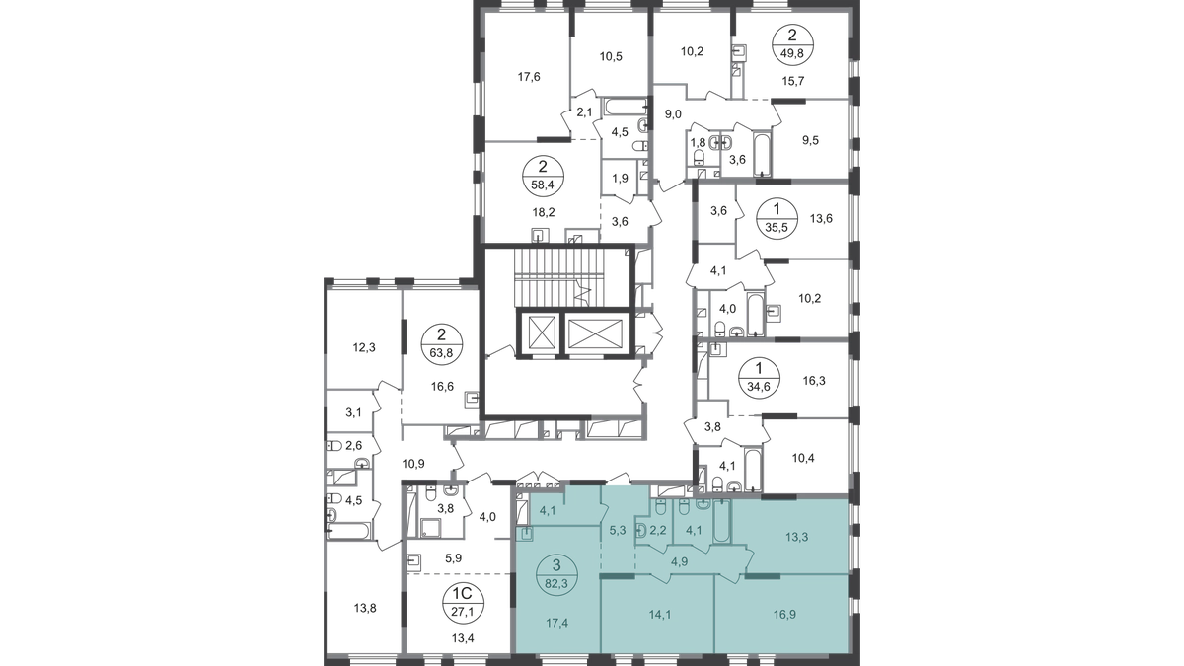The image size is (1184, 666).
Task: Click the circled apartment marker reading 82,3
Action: [556, 575]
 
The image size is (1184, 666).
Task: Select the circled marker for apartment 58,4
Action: [543, 177]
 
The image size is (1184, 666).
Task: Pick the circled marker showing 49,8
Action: [791, 45]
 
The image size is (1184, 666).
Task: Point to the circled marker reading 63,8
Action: [441, 344]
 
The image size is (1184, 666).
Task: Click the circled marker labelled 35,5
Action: [777, 218]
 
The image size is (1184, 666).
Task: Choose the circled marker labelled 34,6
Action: [759, 378]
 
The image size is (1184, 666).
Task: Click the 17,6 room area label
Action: [529, 77]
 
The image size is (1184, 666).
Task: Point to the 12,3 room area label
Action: [364, 347]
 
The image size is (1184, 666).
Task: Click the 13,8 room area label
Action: [365, 609]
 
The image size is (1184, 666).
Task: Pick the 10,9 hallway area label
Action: [413, 464]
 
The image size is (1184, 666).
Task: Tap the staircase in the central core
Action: [559, 276]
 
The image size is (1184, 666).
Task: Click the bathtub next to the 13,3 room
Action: [721, 521]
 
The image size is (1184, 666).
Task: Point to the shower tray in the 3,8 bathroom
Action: [433, 528]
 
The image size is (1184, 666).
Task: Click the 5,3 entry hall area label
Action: [618, 530]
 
